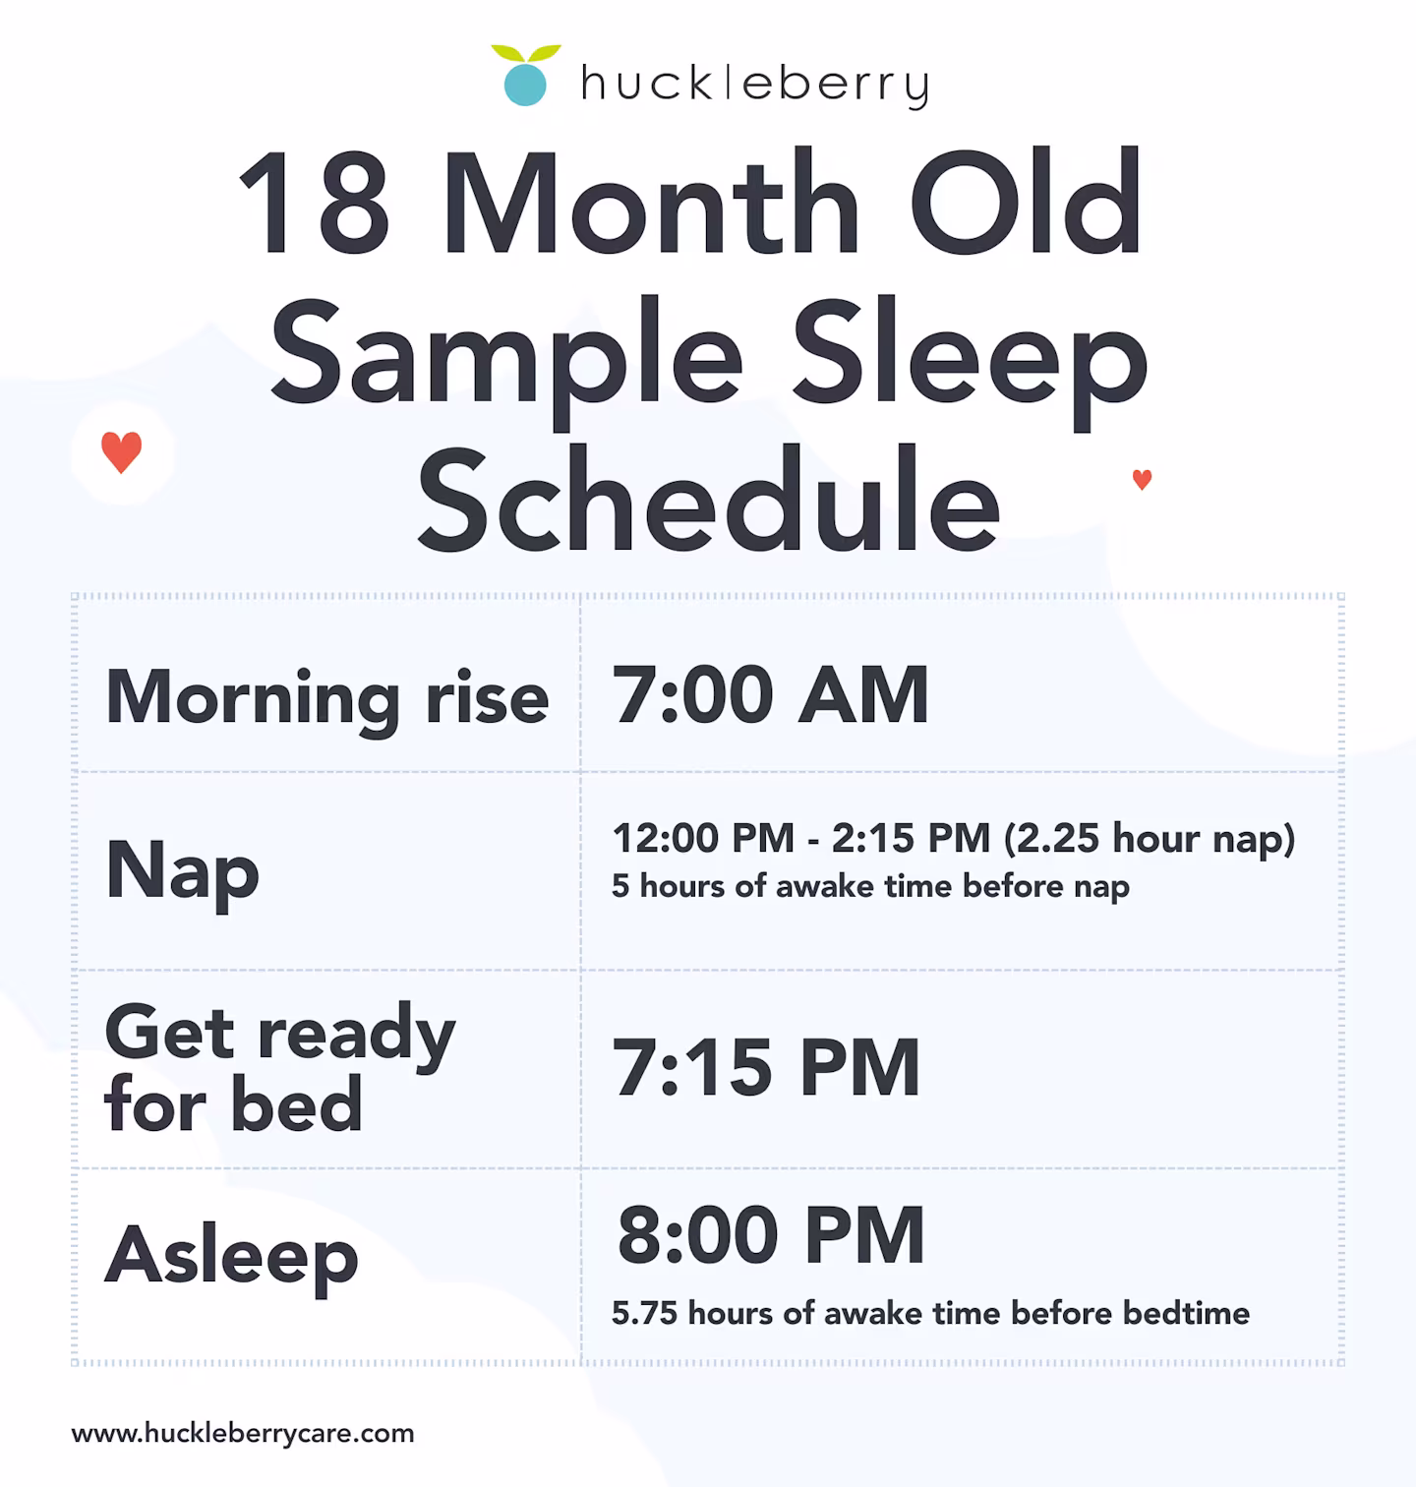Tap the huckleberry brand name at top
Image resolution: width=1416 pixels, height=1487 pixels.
click(x=754, y=85)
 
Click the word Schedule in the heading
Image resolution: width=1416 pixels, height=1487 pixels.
click(x=708, y=502)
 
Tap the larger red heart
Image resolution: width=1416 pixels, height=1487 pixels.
click(x=122, y=452)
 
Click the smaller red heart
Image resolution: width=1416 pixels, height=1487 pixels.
click(x=1142, y=480)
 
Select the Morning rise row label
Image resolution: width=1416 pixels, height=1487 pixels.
click(x=326, y=698)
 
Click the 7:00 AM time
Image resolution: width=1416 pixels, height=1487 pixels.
click(x=771, y=696)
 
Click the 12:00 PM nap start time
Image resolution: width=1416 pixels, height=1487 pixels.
click(x=702, y=839)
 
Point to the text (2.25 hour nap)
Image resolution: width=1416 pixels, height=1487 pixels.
click(x=1150, y=839)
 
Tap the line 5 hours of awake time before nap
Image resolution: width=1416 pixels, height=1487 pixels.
click(x=870, y=886)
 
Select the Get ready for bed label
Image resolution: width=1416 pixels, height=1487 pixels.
click(x=280, y=1068)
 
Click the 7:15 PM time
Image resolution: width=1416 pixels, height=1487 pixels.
click(x=767, y=1068)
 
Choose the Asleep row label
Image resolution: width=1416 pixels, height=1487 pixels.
click(x=231, y=1257)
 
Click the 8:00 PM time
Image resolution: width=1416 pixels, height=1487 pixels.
click(x=771, y=1236)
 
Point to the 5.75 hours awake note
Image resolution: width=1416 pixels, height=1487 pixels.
click(x=930, y=1313)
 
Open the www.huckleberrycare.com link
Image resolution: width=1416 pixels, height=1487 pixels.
click(x=243, y=1433)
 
